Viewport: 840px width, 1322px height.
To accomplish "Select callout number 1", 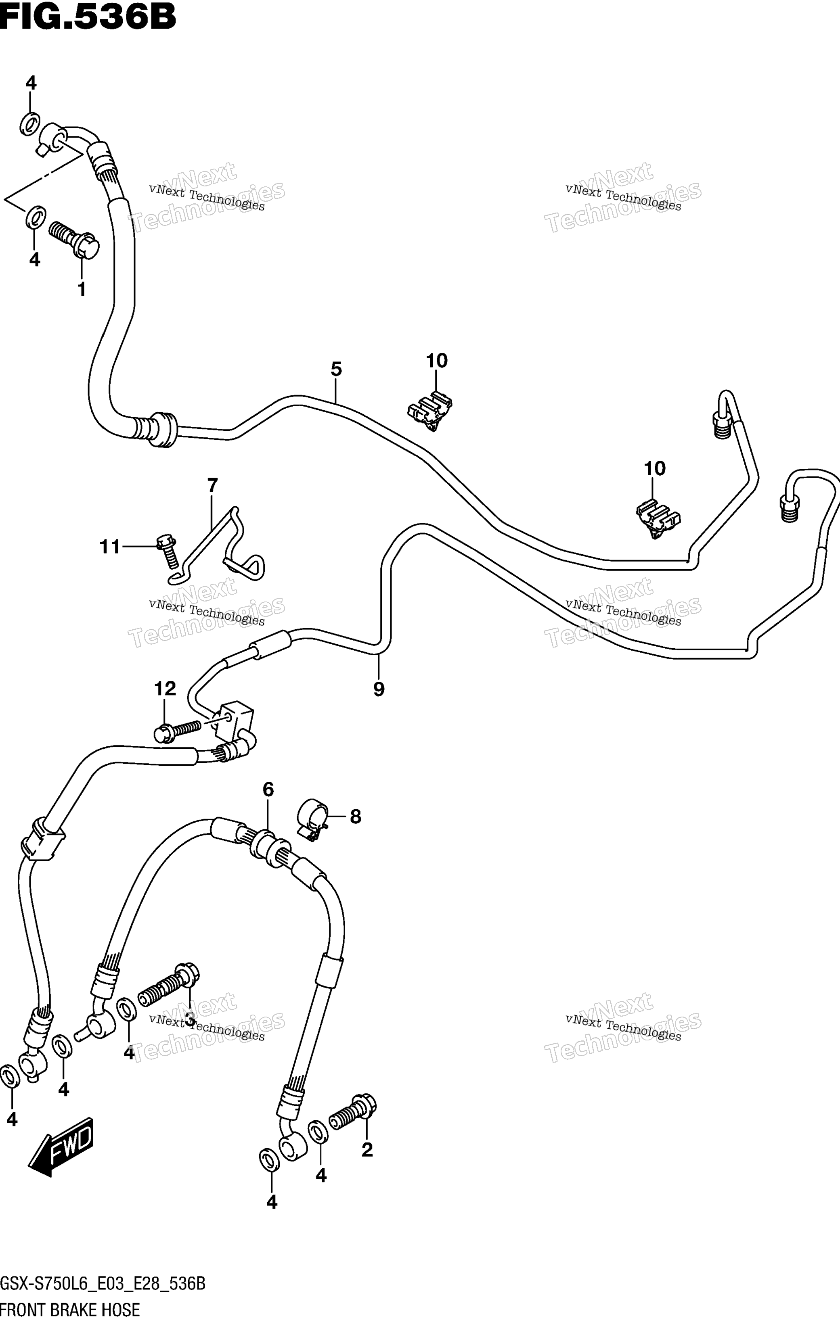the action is (81, 289).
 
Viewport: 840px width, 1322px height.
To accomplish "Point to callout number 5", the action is (336, 369).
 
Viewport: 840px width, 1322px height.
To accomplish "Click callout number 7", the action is (212, 485).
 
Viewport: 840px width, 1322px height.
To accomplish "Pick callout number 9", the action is (379, 689).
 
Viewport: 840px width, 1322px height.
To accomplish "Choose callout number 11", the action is (109, 547).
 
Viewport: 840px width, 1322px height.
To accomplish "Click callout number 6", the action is (268, 789).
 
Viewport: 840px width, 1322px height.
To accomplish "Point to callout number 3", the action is (190, 1021).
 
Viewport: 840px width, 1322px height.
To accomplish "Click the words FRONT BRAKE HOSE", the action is (70, 1310).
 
